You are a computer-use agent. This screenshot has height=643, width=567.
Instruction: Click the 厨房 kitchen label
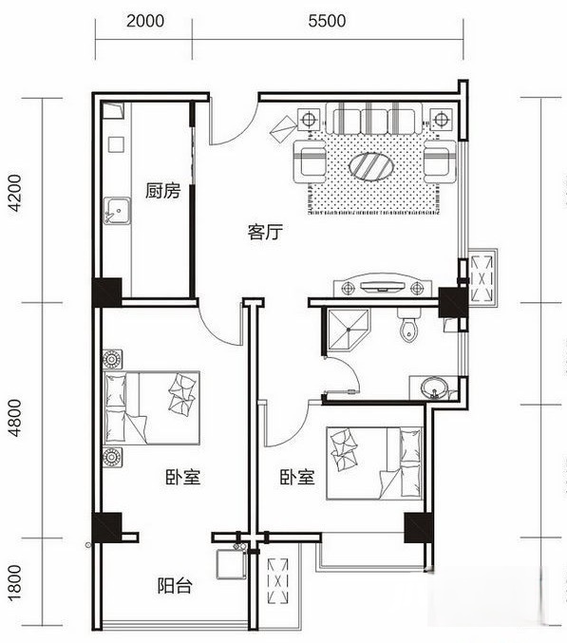click(162, 191)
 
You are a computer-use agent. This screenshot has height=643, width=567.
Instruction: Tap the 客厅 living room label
click(267, 232)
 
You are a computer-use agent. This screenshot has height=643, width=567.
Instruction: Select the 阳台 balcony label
click(175, 585)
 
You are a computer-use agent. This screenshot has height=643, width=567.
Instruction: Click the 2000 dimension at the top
click(143, 19)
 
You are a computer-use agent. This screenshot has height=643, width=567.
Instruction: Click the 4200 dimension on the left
click(14, 199)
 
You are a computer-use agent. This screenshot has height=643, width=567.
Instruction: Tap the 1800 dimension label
click(14, 580)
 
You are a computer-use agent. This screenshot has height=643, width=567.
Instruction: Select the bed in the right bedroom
click(374, 463)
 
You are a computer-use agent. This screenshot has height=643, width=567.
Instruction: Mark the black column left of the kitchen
click(106, 290)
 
